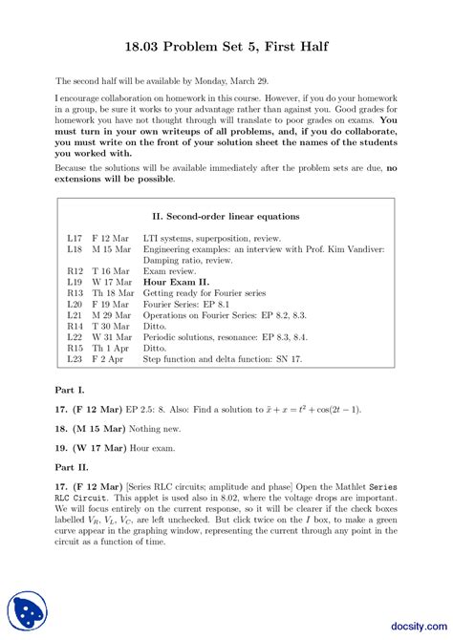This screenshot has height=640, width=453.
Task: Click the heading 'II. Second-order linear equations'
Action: pyautogui.click(x=226, y=216)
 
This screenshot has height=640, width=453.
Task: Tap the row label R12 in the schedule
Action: pyautogui.click(x=75, y=271)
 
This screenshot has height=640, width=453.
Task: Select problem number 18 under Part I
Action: pyautogui.click(x=60, y=429)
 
